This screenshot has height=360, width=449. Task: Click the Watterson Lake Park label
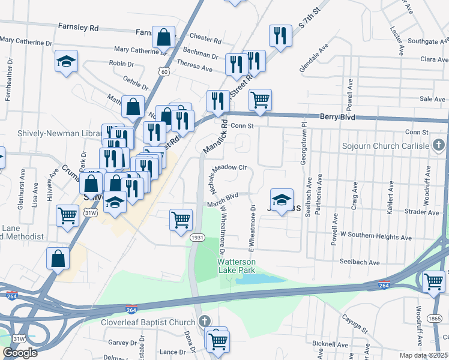(x=237, y=266)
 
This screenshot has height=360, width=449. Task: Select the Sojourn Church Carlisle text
(x=385, y=146)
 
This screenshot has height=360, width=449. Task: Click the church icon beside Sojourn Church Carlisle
(x=439, y=145)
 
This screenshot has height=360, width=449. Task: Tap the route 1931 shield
(x=197, y=238)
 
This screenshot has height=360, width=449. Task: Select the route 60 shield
(x=164, y=71)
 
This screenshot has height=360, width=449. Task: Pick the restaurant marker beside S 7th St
(x=280, y=35)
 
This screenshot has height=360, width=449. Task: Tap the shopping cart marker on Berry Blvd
(x=260, y=100)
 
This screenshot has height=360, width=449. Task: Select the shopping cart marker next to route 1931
(x=181, y=220)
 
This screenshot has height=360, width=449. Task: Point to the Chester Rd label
(x=205, y=38)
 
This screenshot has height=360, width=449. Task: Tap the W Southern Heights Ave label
(x=367, y=233)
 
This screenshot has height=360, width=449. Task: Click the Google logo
(x=20, y=353)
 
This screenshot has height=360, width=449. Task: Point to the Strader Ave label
(x=422, y=212)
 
